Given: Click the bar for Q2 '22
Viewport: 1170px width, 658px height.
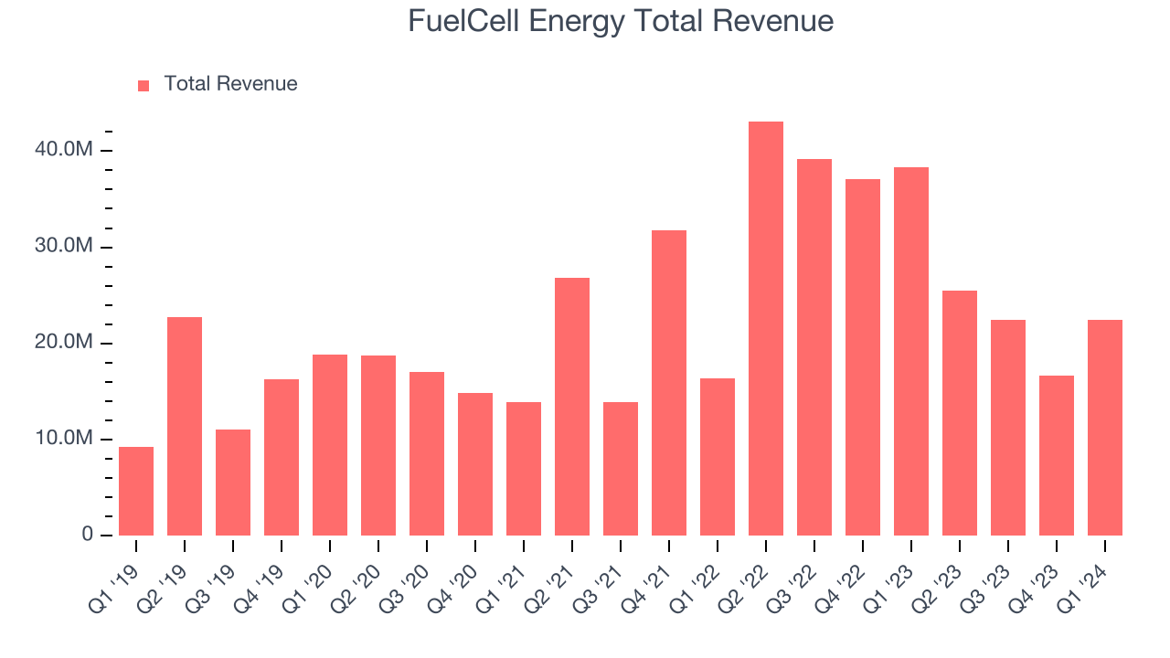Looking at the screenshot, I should point(766,329).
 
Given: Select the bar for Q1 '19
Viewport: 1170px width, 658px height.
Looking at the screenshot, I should point(136,491).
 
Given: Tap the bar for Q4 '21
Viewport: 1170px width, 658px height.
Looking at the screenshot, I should point(669,383).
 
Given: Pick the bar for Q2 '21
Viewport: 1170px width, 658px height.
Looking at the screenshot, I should point(572,407).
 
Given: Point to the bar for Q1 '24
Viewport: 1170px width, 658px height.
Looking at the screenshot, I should point(1105,428).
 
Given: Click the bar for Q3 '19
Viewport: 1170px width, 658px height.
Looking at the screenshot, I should point(233,483).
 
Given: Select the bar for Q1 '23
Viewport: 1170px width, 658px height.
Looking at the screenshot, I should point(911,352).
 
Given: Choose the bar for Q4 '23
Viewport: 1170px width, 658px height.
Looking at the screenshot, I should point(1057,455).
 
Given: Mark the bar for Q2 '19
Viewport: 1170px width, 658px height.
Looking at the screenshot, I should point(185,426).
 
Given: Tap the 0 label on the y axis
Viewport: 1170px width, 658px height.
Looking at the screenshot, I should point(88,535).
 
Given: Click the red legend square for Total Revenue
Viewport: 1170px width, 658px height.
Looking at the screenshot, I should point(144,86).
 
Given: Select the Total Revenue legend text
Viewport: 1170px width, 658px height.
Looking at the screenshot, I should point(230,84).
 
